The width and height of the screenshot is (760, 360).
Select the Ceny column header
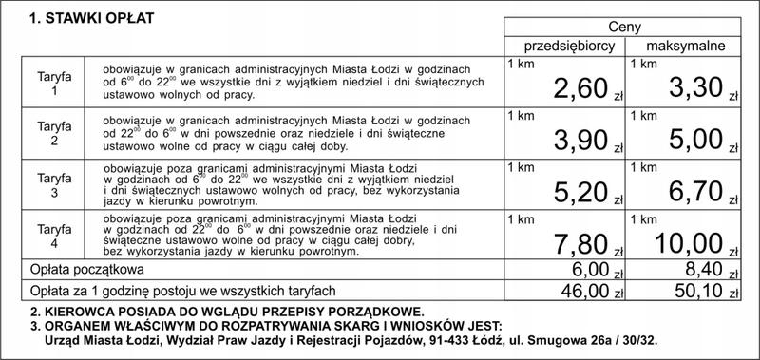tap(623, 28)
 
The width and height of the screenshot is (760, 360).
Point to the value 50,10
tap(694, 290)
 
